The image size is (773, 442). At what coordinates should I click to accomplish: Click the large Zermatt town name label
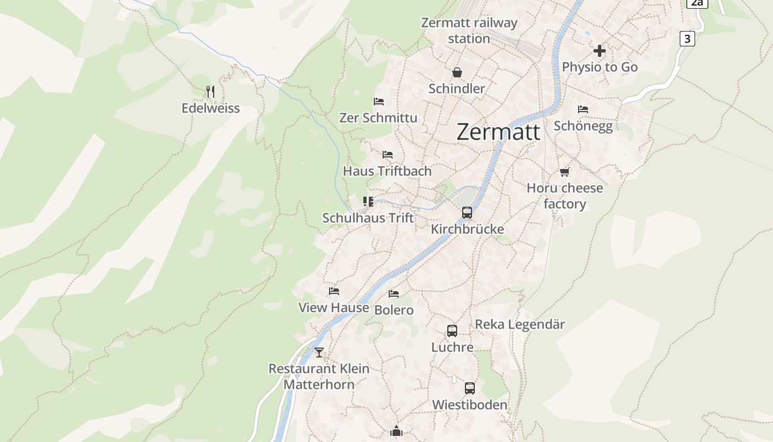(x=499, y=131)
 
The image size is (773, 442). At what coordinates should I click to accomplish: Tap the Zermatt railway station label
(x=469, y=30)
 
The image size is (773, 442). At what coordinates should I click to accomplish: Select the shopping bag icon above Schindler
(x=457, y=72)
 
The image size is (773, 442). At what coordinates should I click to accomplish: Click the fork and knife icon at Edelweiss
(x=210, y=91)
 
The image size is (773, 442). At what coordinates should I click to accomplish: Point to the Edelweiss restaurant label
(x=210, y=108)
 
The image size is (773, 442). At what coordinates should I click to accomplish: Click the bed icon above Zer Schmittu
(x=379, y=102)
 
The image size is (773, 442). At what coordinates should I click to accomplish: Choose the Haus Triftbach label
(x=387, y=171)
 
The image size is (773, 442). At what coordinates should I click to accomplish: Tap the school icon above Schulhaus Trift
(x=368, y=202)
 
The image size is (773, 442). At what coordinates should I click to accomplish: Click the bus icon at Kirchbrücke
(x=467, y=213)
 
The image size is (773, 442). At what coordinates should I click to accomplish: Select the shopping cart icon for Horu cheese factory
(x=564, y=172)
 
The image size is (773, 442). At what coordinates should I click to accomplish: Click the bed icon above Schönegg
(x=583, y=109)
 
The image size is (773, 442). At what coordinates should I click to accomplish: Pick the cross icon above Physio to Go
(x=599, y=51)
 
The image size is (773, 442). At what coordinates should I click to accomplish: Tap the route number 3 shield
(x=687, y=39)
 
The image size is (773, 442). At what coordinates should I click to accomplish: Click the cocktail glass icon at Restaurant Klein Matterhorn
(x=319, y=352)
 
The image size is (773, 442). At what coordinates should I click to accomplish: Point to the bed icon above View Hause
(x=333, y=291)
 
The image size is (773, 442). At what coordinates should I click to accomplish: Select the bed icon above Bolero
(x=394, y=294)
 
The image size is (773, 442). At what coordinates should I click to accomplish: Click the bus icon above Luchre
(x=452, y=331)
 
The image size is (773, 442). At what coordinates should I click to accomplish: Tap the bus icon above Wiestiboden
(x=469, y=388)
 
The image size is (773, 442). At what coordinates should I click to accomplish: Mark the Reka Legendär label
(x=520, y=324)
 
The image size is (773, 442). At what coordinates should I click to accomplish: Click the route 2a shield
(x=697, y=3)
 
